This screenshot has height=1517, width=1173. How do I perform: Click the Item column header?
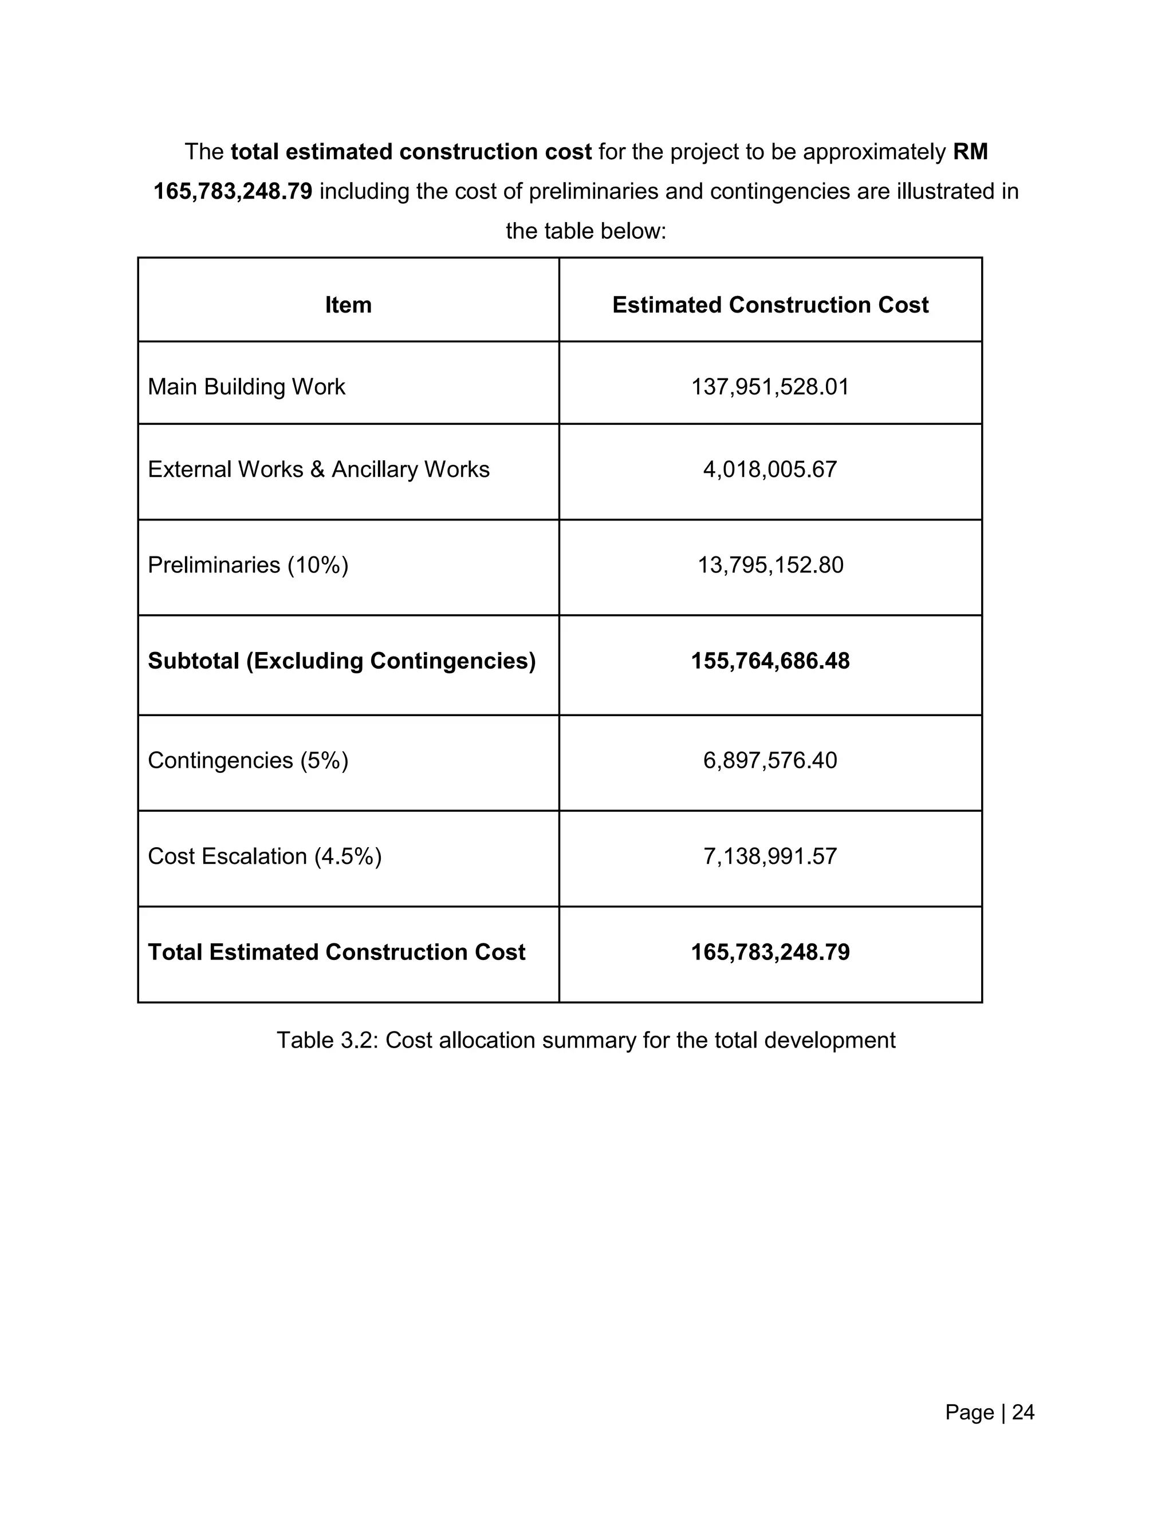click(348, 305)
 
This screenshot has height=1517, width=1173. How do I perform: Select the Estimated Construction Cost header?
click(770, 305)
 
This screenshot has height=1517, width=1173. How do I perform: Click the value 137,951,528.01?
click(770, 387)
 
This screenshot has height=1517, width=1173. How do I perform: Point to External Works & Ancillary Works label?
click(318, 469)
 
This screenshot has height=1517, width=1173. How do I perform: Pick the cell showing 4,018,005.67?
click(770, 469)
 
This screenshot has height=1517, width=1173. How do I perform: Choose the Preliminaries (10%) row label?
click(248, 564)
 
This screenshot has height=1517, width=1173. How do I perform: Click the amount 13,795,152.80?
click(770, 564)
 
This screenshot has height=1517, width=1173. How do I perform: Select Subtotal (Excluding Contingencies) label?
click(342, 661)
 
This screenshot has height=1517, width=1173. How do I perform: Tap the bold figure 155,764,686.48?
click(770, 661)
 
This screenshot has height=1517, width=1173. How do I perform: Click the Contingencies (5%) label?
click(248, 761)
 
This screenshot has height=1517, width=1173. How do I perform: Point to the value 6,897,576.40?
click(770, 761)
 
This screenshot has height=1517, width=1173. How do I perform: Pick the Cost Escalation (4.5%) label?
click(265, 856)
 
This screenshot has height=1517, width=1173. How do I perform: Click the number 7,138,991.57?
click(770, 856)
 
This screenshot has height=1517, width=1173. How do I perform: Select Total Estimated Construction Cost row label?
click(336, 953)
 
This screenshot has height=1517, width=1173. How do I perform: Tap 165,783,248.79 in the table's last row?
click(770, 953)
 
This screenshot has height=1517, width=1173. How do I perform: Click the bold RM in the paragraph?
click(970, 152)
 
